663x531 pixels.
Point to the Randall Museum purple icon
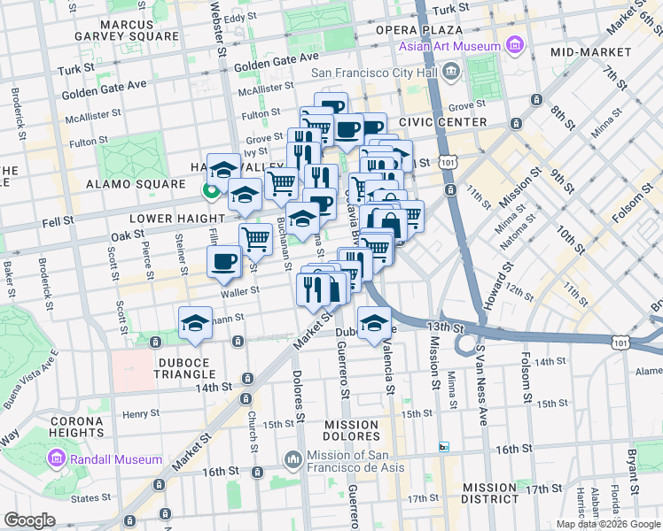56,458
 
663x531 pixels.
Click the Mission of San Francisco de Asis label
363,461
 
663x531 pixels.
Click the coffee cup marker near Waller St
223,260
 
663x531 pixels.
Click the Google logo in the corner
29,520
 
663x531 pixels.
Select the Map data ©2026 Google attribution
608,524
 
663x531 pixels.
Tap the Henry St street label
141,413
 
